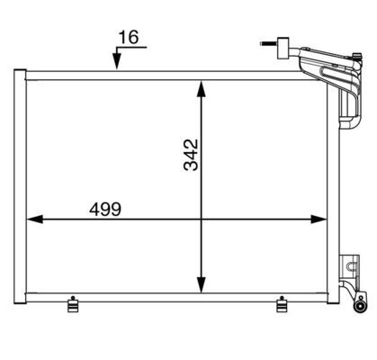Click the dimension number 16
coord(129,37)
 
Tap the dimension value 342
coord(191,155)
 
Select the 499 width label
coord(105,209)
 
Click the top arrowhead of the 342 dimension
coord(202,89)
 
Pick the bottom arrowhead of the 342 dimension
coord(202,284)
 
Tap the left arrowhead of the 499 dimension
coord(35,220)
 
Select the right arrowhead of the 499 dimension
coord(319,220)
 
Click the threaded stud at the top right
coord(269,44)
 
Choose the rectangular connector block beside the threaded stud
coord(283,48)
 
